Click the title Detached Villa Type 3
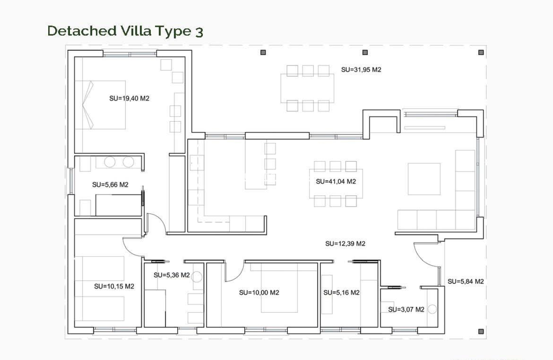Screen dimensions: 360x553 click(x=125, y=31)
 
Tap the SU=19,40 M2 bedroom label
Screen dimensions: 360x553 click(x=129, y=98)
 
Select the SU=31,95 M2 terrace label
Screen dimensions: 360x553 click(x=361, y=70)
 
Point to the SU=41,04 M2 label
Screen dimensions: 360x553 click(x=336, y=181)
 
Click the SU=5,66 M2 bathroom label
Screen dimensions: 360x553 click(x=110, y=184)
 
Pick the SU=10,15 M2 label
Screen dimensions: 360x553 click(x=114, y=286)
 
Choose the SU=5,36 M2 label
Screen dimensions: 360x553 click(x=171, y=275)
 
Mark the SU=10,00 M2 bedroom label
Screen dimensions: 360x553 click(x=259, y=293)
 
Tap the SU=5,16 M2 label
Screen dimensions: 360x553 click(x=341, y=293)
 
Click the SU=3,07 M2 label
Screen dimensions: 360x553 click(x=406, y=310)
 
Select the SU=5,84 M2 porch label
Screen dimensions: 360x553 click(x=465, y=281)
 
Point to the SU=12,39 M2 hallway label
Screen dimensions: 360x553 click(x=345, y=243)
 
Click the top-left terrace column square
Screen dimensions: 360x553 click(x=263, y=52)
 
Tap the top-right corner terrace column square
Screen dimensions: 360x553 click(x=481, y=52)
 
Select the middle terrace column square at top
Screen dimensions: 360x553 click(x=365, y=52)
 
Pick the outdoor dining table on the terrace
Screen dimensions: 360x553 click(x=308, y=88)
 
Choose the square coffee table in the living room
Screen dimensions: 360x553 click(x=424, y=179)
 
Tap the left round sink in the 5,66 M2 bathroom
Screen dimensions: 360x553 click(x=110, y=162)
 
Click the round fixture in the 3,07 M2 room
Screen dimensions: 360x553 click(x=433, y=309)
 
